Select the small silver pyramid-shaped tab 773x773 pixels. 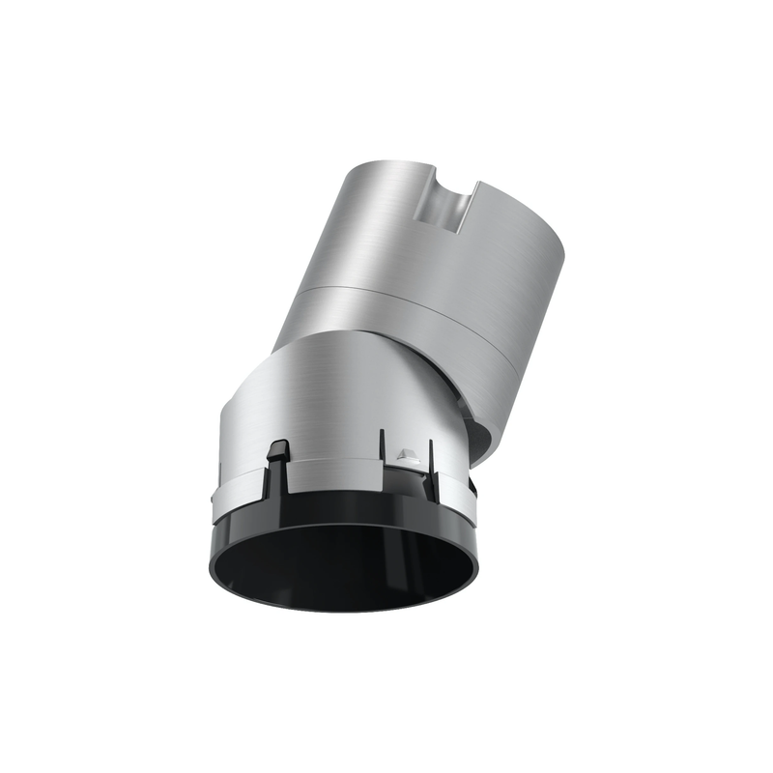pyautogui.click(x=407, y=453)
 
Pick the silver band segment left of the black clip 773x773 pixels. pyautogui.click(x=237, y=483)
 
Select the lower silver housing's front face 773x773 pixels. pyautogui.click(x=319, y=396)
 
